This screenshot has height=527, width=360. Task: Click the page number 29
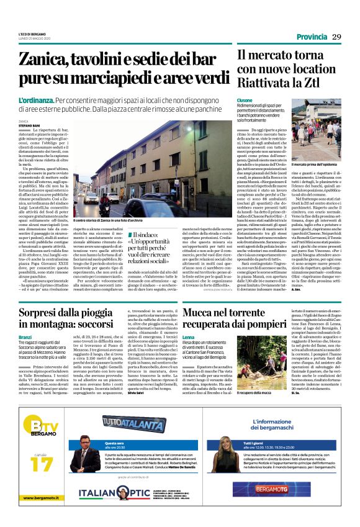(x=336, y=37)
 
